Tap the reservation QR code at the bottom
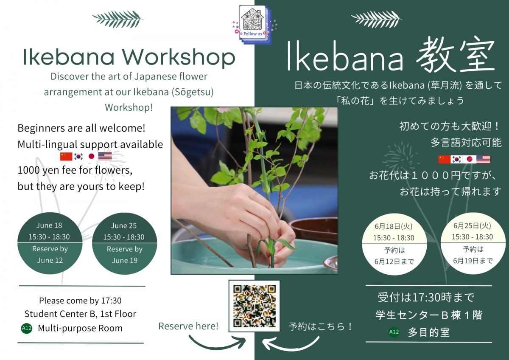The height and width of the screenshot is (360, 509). click(x=255, y=306)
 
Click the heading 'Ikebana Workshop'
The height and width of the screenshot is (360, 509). click(x=129, y=57)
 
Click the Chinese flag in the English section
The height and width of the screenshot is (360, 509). click(x=66, y=156)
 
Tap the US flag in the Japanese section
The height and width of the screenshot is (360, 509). click(x=483, y=159)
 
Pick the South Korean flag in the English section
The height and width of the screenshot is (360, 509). click(x=78, y=156)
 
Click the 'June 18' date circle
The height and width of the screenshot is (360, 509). click(x=50, y=243)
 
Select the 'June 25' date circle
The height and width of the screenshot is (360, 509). click(x=124, y=243)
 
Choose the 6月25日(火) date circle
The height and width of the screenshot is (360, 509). click(x=472, y=243)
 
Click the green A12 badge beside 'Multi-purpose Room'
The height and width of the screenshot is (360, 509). click(x=27, y=328)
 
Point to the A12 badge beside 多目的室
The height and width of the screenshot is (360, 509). click(x=394, y=332)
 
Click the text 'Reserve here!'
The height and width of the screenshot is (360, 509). click(x=188, y=326)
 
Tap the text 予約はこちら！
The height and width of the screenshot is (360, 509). click(x=321, y=326)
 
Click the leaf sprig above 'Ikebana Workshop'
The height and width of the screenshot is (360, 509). click(x=117, y=19)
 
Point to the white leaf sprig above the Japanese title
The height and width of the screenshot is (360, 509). click(x=377, y=19)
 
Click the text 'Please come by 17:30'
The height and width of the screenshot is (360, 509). click(x=80, y=301)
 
